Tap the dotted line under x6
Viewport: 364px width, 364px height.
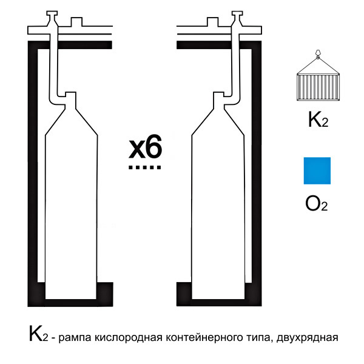click(x=145, y=167)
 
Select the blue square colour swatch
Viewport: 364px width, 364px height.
click(x=317, y=170)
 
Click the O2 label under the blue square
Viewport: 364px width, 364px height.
click(x=317, y=204)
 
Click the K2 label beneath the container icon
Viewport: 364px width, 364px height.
click(x=318, y=120)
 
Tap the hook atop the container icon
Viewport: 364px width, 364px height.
click(x=317, y=54)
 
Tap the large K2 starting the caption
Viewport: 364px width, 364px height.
click(x=39, y=334)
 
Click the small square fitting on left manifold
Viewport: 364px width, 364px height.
click(x=76, y=22)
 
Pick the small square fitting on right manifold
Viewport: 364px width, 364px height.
click(x=213, y=22)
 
